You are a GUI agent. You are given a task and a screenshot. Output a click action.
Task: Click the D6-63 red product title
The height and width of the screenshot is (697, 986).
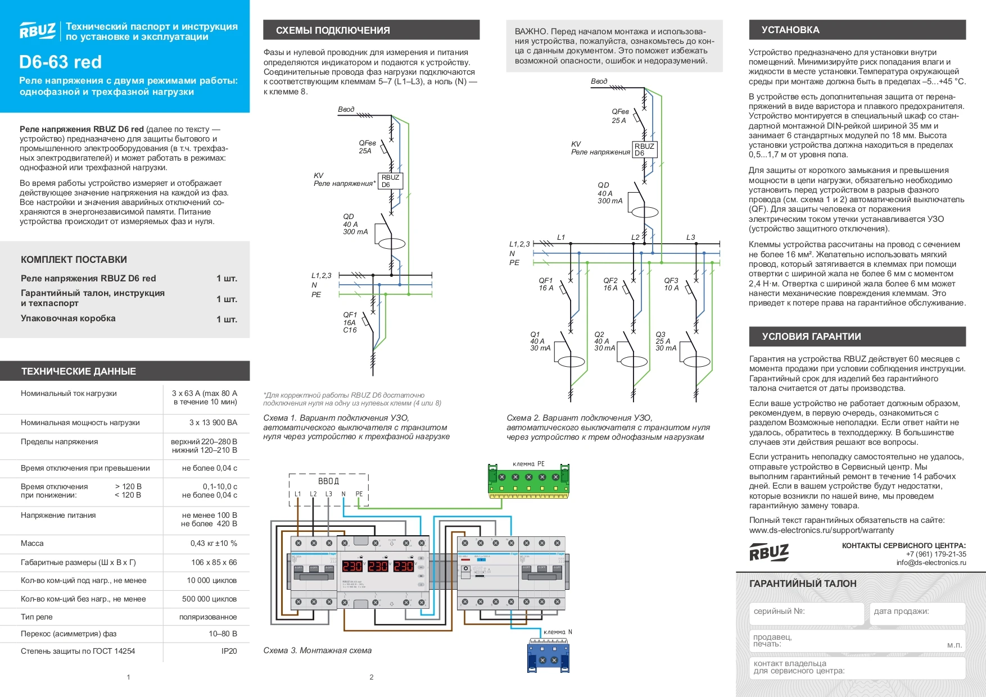61,62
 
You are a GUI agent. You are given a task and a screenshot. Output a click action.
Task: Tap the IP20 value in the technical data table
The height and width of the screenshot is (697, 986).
229,651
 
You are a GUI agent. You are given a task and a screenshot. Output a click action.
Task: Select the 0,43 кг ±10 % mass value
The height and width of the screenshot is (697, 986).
214,543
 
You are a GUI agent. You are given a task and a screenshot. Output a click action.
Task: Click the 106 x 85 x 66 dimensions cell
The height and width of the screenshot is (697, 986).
214,562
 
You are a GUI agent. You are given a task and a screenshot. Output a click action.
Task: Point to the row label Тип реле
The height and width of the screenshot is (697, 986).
37,617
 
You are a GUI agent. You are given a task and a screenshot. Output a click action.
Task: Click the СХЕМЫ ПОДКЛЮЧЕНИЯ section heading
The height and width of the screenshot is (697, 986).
333,30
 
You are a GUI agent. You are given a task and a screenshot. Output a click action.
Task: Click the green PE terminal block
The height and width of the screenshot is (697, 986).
528,480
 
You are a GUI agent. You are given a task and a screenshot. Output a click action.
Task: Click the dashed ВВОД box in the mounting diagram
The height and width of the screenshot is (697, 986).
329,489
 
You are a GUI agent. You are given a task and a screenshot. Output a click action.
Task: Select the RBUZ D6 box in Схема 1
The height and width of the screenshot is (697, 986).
390,181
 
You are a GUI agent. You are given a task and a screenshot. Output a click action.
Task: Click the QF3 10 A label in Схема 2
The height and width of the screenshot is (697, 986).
671,284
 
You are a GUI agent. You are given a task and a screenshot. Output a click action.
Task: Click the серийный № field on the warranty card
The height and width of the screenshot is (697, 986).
807,613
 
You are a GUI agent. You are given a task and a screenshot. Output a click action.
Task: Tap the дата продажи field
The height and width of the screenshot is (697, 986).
916,613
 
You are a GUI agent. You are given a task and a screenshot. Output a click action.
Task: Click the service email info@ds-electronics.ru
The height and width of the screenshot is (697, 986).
931,563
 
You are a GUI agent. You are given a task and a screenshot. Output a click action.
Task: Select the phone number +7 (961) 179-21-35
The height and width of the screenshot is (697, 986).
936,554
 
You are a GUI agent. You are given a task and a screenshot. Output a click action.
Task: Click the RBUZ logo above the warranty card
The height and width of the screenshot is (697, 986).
769,553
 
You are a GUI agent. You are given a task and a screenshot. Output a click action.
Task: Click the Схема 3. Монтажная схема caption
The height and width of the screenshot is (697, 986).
317,650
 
